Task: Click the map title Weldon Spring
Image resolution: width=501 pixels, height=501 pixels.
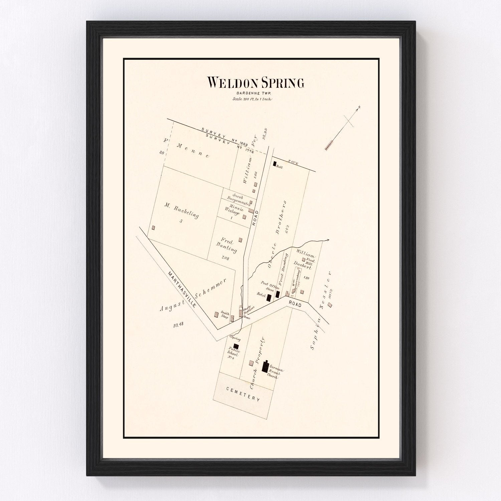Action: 256,82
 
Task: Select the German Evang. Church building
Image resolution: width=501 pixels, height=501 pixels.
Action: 266,367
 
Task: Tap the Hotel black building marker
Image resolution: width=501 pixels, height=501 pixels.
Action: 269,297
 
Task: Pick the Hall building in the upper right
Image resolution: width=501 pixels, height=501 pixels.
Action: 275,164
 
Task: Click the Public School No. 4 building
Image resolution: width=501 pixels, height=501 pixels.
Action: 236,346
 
